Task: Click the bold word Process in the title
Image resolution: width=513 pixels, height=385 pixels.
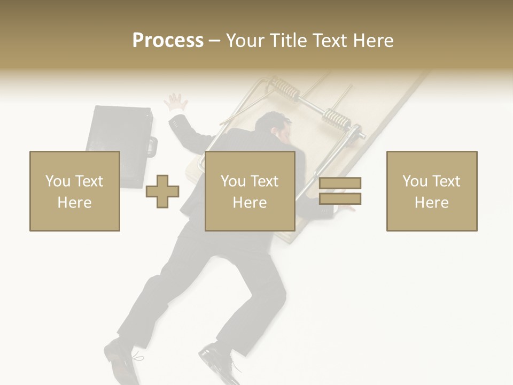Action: coord(168,40)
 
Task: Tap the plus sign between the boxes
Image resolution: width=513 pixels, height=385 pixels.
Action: coord(162,191)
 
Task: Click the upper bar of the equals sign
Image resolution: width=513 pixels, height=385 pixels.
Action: coord(340,183)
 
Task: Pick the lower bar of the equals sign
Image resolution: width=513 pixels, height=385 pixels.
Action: coord(340,199)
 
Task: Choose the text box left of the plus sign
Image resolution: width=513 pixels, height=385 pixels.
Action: coord(74,191)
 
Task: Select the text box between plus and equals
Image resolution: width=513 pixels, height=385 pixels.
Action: coord(250,191)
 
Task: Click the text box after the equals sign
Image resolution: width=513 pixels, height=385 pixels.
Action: coord(431,191)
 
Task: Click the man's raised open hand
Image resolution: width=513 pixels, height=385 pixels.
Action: coord(177,102)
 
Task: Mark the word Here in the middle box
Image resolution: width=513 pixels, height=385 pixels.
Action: coord(250,202)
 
